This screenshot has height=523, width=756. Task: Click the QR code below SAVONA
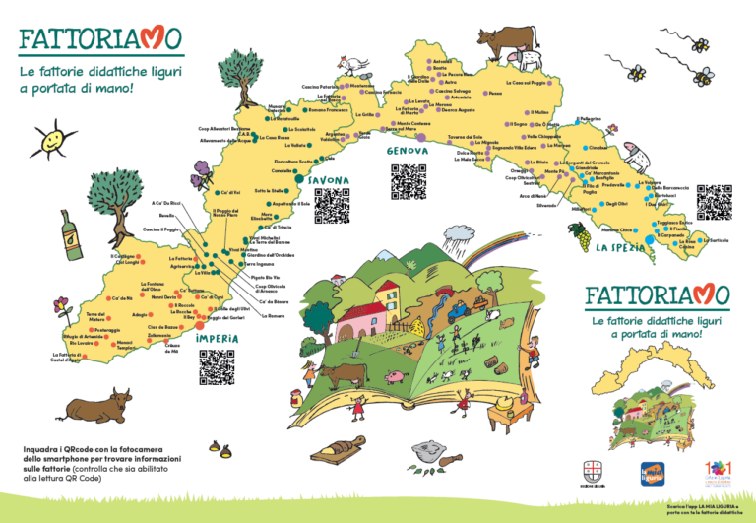click(x=332, y=206)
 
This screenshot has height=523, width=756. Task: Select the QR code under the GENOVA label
click(x=409, y=181)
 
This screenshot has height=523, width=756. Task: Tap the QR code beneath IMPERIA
click(x=217, y=366)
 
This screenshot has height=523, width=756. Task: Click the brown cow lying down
click(x=96, y=405)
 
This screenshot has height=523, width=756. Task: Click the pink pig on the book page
click(x=396, y=376)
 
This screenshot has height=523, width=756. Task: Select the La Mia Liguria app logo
click(x=655, y=474)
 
